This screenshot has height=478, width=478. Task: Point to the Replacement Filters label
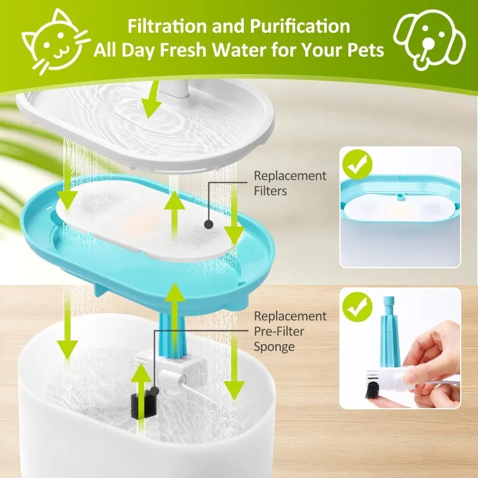pyautogui.click(x=290, y=183)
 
